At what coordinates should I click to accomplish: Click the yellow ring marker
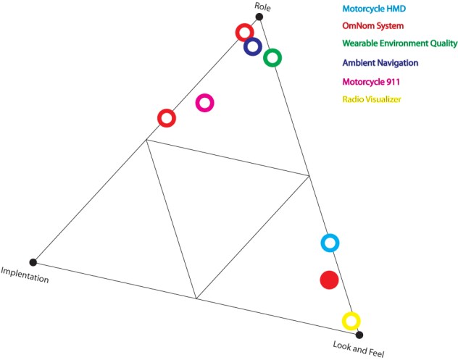351,320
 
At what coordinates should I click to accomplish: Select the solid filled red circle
329,280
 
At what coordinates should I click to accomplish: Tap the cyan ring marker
330,243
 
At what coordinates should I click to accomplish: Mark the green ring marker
272,57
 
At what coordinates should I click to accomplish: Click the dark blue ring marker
252,47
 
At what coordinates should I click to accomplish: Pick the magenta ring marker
205,103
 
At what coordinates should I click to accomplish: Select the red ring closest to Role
245,32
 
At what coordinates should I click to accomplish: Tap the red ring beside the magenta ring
167,117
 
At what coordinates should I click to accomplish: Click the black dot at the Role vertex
259,17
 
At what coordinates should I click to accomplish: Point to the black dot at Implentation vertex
33,262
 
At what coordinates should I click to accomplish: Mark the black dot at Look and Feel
359,335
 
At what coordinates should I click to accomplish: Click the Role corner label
262,6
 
